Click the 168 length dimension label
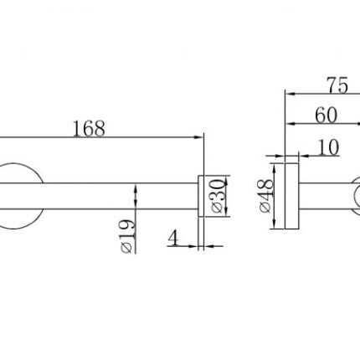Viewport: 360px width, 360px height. pyautogui.click(x=89, y=129)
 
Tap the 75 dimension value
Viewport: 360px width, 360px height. pyautogui.click(x=338, y=85)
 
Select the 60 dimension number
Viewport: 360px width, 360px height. pyautogui.click(x=327, y=116)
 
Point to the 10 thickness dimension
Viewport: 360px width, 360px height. pyautogui.click(x=328, y=147)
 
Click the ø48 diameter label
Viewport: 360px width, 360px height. pyautogui.click(x=265, y=196)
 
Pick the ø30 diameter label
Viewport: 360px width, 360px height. pyautogui.click(x=218, y=196)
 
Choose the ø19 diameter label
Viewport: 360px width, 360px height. pyautogui.click(x=127, y=237)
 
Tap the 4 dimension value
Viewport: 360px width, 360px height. pyautogui.click(x=173, y=238)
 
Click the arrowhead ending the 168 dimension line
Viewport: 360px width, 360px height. pyautogui.click(x=198, y=137)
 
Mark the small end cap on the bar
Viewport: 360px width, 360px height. pyautogui.click(x=201, y=196)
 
